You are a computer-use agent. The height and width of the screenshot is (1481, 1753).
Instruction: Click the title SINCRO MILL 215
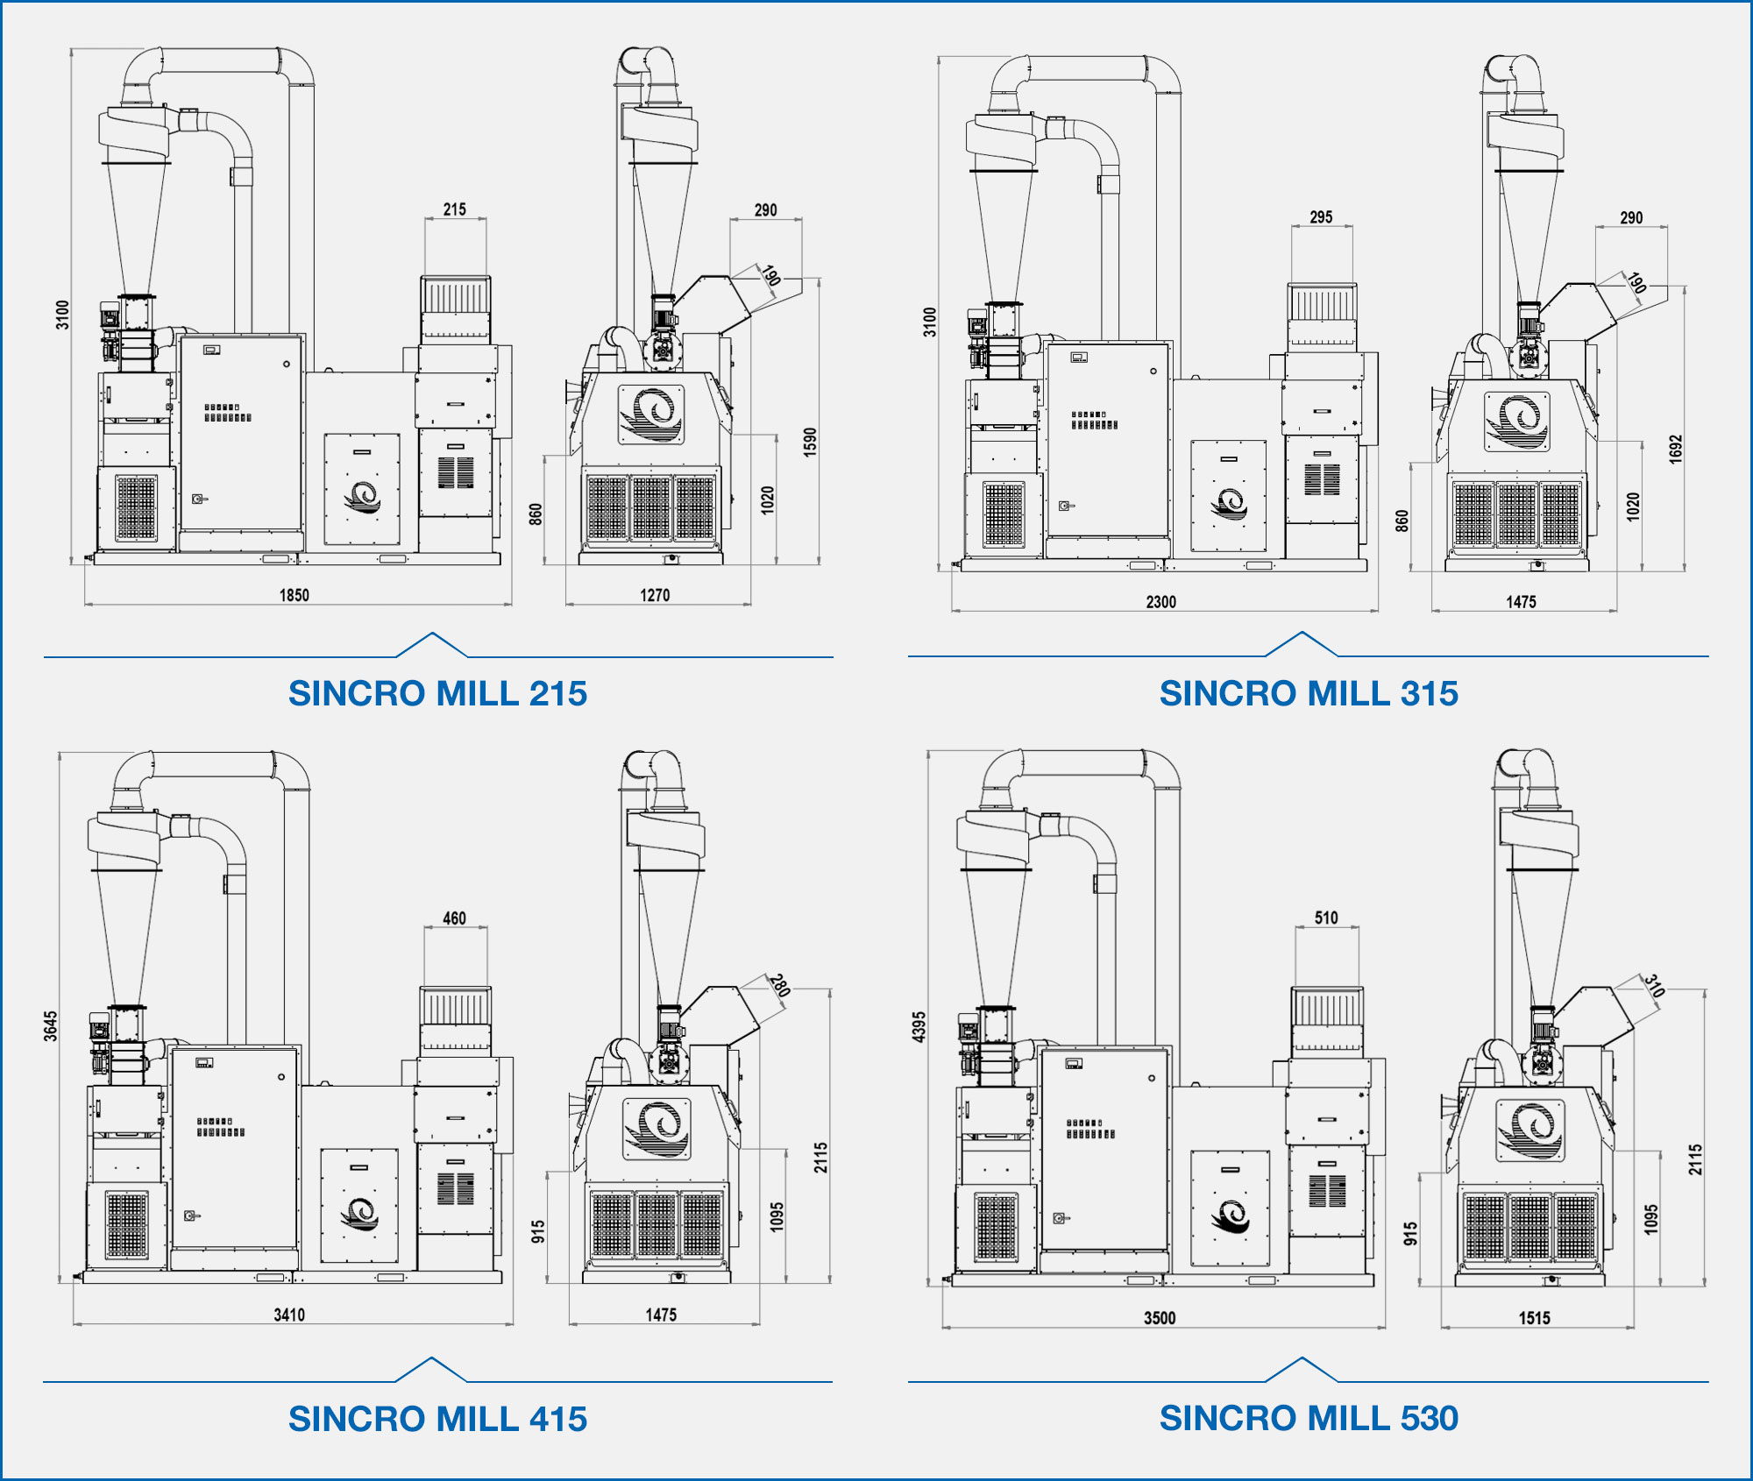coord(437,693)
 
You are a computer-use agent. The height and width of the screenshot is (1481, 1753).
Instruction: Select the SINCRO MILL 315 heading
coord(1309,693)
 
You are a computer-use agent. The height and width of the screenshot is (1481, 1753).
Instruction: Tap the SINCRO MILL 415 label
coord(437,1419)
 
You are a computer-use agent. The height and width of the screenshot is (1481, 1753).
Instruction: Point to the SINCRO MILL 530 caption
coord(1309,1418)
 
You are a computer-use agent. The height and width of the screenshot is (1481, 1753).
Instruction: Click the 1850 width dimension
coord(295,595)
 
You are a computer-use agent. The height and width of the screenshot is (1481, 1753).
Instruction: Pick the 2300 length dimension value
coord(1161,602)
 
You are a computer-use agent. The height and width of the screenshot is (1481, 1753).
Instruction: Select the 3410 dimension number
coord(289,1314)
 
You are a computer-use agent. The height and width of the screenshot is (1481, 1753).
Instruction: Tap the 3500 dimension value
coord(1160,1318)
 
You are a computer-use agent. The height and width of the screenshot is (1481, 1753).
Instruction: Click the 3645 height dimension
coord(51,1026)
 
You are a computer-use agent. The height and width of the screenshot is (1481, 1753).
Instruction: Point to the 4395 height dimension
coord(919,1027)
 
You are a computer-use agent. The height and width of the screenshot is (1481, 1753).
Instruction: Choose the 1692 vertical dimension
coord(1676,449)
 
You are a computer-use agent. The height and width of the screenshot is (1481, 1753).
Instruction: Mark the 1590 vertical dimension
coord(810,442)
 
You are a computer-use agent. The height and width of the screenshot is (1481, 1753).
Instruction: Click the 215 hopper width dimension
coord(455,209)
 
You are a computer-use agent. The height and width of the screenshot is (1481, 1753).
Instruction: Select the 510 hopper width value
coord(1326,918)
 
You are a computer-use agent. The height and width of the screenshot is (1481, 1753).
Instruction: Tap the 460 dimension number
coord(455,918)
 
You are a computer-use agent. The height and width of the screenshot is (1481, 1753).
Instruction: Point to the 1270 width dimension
coord(655,595)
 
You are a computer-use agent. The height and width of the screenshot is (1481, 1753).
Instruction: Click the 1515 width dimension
coord(1535,1318)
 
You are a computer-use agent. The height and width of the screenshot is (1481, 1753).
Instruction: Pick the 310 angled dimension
coord(1654,985)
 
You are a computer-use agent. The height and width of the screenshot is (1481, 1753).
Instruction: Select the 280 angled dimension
coord(779,985)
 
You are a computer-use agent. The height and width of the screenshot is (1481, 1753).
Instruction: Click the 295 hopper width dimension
coord(1321,216)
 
